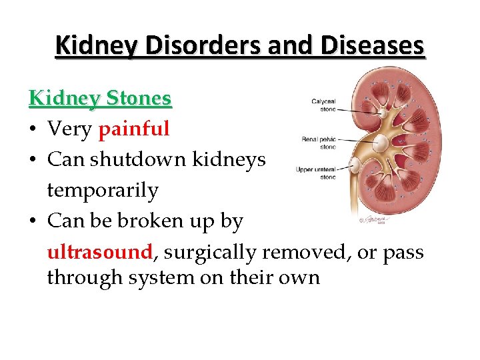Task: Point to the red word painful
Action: [x=134, y=129]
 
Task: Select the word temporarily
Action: [x=103, y=190]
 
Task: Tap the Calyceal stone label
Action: [x=323, y=105]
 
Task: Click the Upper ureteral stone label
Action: [x=316, y=173]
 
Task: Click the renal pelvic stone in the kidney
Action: [x=381, y=142]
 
